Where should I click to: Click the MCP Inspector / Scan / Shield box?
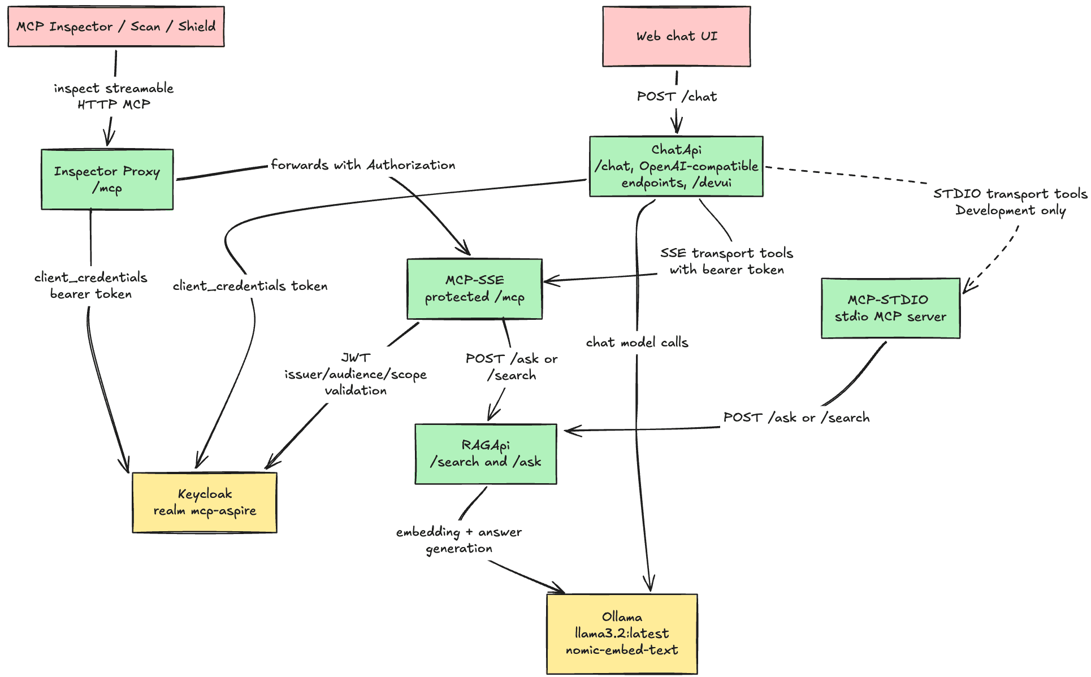(116, 27)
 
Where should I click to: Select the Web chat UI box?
(677, 37)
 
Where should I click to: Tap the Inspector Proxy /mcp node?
(107, 180)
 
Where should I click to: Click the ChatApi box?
(676, 166)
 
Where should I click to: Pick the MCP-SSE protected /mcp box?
(475, 289)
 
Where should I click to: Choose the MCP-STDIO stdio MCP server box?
(890, 308)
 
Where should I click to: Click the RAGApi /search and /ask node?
(486, 454)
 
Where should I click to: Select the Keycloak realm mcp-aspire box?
(205, 502)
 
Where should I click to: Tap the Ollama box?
(622, 633)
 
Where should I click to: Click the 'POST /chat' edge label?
(677, 97)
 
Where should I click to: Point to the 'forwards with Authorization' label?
(363, 165)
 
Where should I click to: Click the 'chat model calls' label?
(637, 342)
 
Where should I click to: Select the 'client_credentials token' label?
(250, 286)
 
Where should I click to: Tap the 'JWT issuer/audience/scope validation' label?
(356, 374)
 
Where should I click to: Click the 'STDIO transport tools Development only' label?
(1010, 202)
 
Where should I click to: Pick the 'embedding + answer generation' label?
(459, 540)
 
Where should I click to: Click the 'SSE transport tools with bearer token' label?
(726, 262)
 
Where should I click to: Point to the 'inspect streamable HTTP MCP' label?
(114, 96)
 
